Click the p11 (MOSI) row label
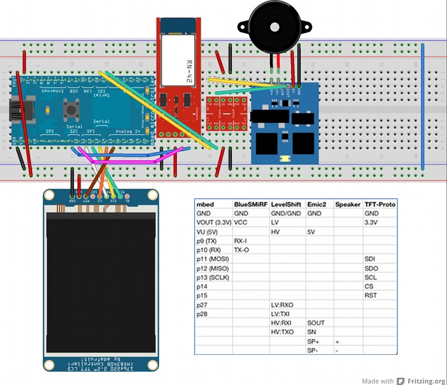click(x=213, y=259)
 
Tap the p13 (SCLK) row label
click(x=213, y=278)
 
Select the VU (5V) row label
click(x=208, y=232)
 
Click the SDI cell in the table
click(x=370, y=259)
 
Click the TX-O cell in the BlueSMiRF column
click(x=242, y=250)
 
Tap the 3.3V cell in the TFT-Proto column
click(x=372, y=223)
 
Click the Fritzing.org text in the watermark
click(x=423, y=381)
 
